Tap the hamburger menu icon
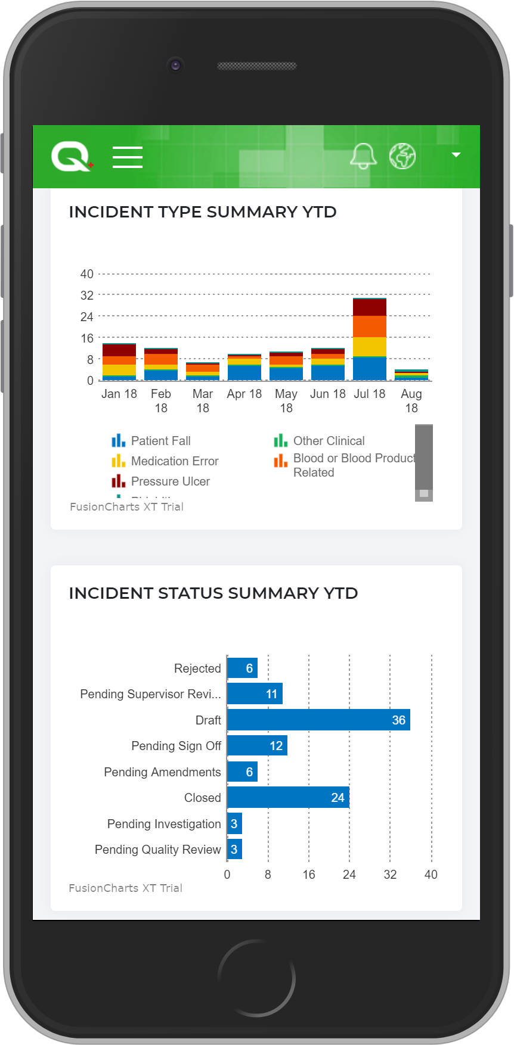click(128, 157)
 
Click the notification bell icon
click(363, 156)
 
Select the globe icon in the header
click(402, 156)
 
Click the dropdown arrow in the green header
click(456, 155)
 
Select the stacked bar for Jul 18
click(370, 338)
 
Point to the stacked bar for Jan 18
click(119, 362)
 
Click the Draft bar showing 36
click(318, 720)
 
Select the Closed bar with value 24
click(288, 797)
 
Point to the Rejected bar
click(242, 668)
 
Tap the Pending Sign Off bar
click(257, 745)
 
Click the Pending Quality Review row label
click(157, 850)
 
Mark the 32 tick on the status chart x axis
click(390, 875)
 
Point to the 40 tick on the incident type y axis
click(87, 274)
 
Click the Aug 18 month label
click(411, 401)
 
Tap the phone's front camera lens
click(175, 65)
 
